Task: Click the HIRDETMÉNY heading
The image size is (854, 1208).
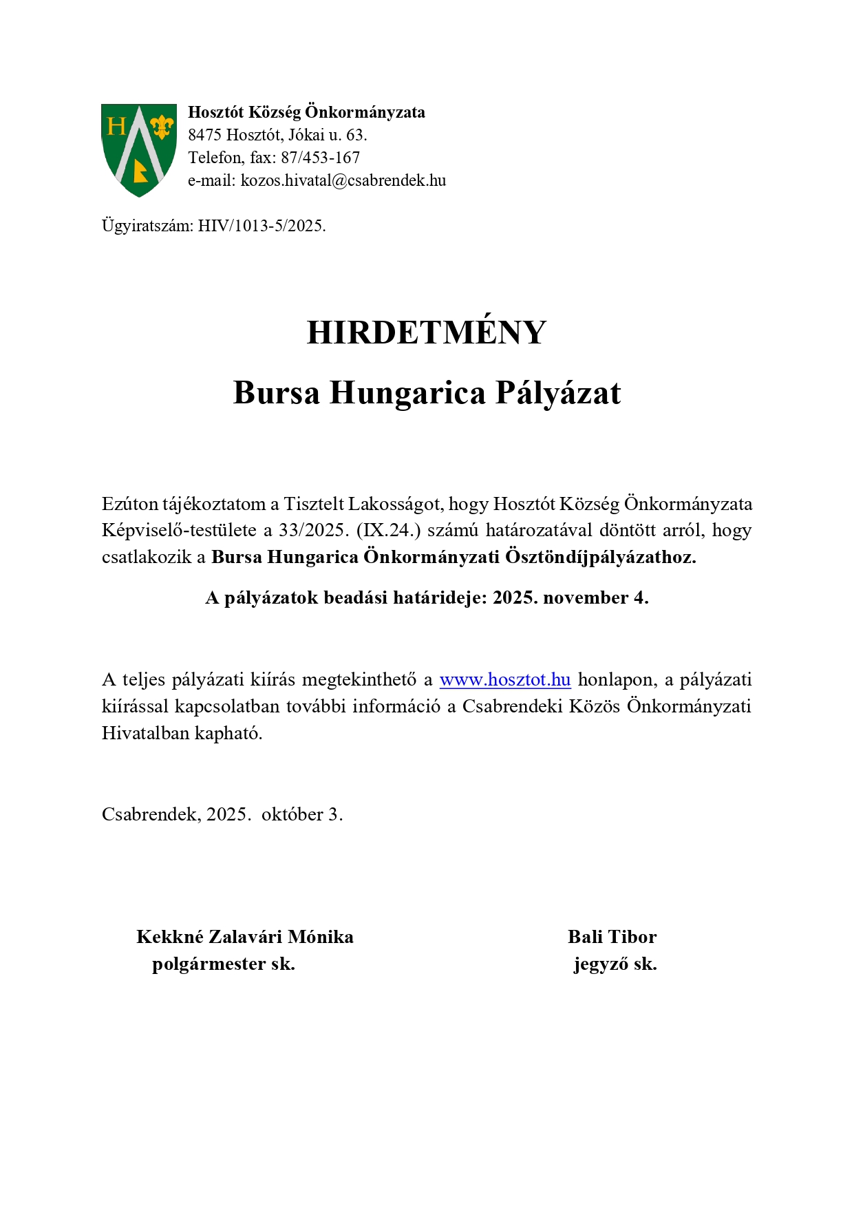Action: click(426, 332)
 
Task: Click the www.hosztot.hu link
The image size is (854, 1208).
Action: click(505, 679)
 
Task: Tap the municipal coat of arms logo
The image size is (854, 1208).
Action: click(139, 150)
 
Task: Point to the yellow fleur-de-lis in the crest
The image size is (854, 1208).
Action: click(162, 126)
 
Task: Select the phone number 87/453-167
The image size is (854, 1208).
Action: click(320, 158)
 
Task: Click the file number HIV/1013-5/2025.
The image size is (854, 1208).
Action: click(261, 226)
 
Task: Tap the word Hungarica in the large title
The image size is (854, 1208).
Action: click(407, 392)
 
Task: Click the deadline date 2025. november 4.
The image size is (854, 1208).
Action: click(570, 597)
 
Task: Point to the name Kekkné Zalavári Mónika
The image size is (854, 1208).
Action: click(245, 937)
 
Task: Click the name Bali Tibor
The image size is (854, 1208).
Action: click(612, 937)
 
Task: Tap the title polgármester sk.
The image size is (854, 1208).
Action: click(224, 964)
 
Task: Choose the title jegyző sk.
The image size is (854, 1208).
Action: click(615, 964)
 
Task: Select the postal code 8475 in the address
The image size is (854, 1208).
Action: click(204, 135)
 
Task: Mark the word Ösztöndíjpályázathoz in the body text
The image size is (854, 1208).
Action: click(600, 557)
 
